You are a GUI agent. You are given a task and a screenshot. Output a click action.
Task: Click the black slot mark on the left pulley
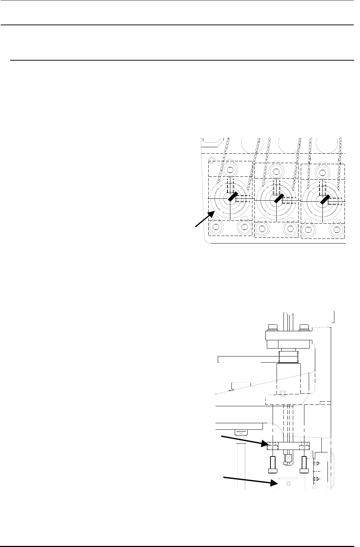[x=232, y=198]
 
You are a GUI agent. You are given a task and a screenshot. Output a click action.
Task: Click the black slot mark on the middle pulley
[x=278, y=199]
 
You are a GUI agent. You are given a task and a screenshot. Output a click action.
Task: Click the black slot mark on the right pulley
[x=324, y=199]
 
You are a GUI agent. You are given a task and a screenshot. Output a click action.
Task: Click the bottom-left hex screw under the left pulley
[x=216, y=227]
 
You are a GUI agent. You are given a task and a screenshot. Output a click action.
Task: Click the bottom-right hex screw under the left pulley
[x=243, y=227]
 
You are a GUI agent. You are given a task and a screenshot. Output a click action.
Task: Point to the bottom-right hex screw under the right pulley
[x=337, y=229]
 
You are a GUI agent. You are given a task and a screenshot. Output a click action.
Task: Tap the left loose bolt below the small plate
[x=273, y=464]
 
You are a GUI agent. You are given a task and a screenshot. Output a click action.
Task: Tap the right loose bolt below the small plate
[x=304, y=464]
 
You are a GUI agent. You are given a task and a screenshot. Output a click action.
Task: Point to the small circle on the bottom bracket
[x=288, y=483]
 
